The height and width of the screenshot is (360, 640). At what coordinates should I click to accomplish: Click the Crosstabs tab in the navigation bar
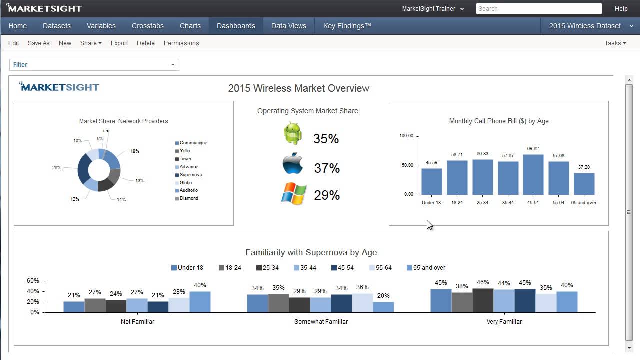(x=147, y=26)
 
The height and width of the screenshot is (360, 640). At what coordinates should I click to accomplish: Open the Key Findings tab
(x=347, y=26)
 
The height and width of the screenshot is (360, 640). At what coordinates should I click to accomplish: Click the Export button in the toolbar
(x=119, y=43)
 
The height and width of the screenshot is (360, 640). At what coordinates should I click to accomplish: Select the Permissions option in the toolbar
(x=181, y=43)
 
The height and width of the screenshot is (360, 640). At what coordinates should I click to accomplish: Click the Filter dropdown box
(x=94, y=65)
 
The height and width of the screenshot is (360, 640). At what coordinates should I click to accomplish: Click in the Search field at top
(x=538, y=9)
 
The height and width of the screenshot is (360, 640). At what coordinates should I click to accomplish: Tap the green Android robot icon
(x=292, y=134)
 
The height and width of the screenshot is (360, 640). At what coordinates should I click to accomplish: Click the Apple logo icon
(x=292, y=164)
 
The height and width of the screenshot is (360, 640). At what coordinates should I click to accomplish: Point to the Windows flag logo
(x=293, y=194)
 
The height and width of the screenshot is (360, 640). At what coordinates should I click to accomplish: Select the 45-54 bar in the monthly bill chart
(x=533, y=175)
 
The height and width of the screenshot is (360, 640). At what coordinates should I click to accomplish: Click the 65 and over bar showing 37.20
(x=584, y=184)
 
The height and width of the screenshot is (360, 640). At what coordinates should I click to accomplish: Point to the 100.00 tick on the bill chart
(x=406, y=136)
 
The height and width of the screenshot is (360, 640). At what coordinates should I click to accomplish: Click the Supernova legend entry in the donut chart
(x=190, y=175)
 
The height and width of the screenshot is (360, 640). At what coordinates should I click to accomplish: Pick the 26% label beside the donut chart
(x=56, y=168)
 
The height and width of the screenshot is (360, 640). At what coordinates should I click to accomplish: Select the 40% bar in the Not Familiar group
(x=200, y=302)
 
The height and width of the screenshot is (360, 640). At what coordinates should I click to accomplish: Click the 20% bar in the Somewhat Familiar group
(x=383, y=307)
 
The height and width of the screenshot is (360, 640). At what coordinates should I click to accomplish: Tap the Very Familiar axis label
(x=504, y=322)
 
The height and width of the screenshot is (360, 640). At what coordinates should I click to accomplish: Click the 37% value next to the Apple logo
(x=327, y=168)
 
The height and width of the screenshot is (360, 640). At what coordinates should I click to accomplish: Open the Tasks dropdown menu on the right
(x=615, y=43)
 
